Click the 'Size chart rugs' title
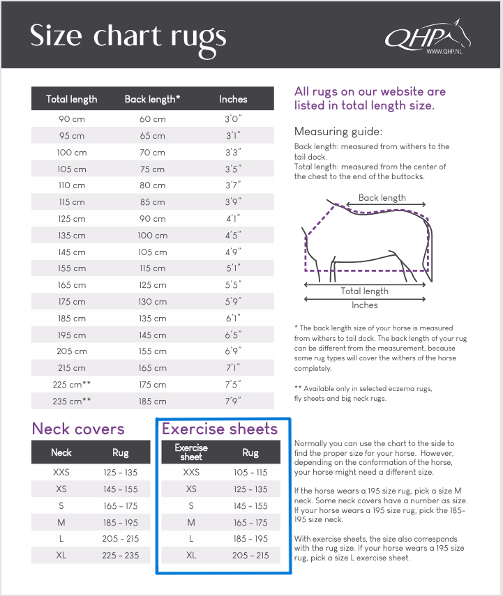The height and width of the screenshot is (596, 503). pyautogui.click(x=128, y=36)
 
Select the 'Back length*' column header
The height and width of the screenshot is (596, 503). pyautogui.click(x=152, y=99)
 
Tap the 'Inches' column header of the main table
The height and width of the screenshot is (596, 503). pyautogui.click(x=233, y=99)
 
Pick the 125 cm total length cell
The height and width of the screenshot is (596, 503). pyautogui.click(x=71, y=219)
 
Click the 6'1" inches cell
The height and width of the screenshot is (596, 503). pyautogui.click(x=233, y=319)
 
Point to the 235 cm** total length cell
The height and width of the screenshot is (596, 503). pyautogui.click(x=71, y=402)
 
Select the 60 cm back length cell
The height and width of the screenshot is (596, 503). pyautogui.click(x=152, y=119)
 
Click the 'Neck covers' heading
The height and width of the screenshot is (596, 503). pyautogui.click(x=78, y=429)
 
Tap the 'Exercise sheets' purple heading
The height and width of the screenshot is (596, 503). pyautogui.click(x=220, y=429)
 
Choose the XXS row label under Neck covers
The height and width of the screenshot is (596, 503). pyautogui.click(x=61, y=473)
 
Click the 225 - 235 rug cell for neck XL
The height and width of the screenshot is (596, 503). pyautogui.click(x=120, y=556)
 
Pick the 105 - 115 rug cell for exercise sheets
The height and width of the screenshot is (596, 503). pyautogui.click(x=250, y=473)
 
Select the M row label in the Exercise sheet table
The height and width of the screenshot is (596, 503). pyautogui.click(x=191, y=522)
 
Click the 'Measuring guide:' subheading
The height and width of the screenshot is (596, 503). pyautogui.click(x=338, y=132)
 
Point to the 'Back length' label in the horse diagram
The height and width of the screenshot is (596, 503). pyautogui.click(x=382, y=198)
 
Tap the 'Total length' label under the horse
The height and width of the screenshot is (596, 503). pyautogui.click(x=364, y=291)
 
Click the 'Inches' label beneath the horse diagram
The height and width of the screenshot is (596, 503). pyautogui.click(x=364, y=305)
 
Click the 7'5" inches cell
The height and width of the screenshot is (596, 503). pyautogui.click(x=233, y=385)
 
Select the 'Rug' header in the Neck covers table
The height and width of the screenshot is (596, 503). pyautogui.click(x=120, y=452)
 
